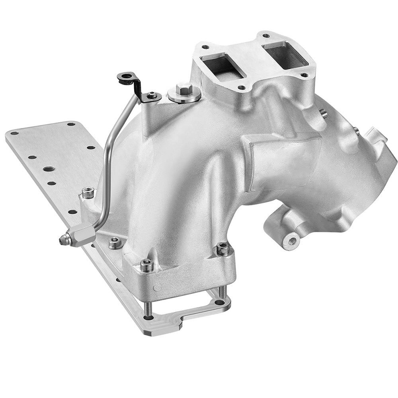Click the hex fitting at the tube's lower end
click(82, 234)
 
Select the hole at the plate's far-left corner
click(14, 133)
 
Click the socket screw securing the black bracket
click(152, 96)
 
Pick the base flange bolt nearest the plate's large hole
click(88, 194)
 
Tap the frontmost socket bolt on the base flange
click(146, 265)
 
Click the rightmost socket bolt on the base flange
click(223, 249)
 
